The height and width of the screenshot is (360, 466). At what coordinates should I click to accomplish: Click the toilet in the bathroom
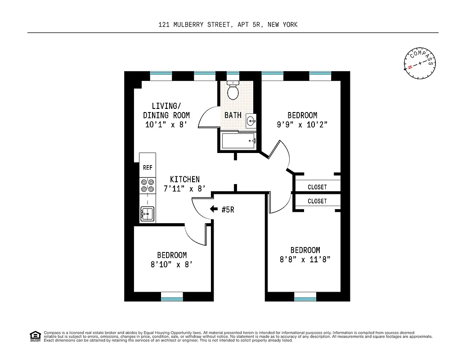point(233,91)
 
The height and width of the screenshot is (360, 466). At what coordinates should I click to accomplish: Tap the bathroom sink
point(251,120)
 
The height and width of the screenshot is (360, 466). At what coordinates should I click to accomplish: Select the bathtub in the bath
point(238,141)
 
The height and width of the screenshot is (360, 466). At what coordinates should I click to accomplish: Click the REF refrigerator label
point(148,167)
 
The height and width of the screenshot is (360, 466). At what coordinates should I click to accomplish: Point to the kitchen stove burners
point(148,186)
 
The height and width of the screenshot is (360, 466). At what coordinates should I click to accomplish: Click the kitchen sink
point(147,213)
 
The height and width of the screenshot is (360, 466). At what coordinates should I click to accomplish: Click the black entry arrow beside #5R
point(215,209)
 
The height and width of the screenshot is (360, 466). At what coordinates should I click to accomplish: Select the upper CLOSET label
point(317,187)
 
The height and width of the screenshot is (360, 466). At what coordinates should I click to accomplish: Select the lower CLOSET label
point(317,201)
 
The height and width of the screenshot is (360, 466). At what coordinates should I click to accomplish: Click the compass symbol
point(420,63)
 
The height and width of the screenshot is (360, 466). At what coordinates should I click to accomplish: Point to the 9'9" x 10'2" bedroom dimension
point(302,125)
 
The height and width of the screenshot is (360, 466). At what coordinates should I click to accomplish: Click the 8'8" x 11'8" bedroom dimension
point(305,260)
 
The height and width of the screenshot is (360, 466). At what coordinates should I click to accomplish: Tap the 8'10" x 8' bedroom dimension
point(172,265)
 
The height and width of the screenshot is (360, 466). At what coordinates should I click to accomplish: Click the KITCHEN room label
point(184,180)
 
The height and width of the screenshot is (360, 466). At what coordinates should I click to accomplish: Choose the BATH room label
point(233,115)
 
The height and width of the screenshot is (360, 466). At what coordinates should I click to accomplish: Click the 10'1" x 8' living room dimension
point(166,125)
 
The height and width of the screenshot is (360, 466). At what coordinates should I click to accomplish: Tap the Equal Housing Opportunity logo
point(35,336)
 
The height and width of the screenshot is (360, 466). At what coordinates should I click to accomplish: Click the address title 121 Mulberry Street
point(228,25)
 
